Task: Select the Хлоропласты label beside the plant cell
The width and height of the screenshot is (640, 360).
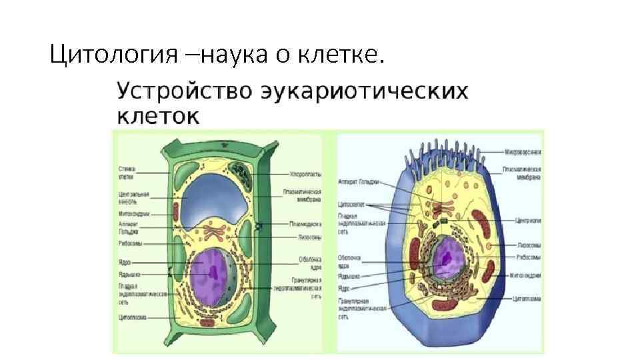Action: pyautogui.click(x=305, y=174)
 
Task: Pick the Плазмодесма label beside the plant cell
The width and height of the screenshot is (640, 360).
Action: pyautogui.click(x=305, y=224)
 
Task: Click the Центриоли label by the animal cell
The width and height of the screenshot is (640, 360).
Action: pyautogui.click(x=527, y=220)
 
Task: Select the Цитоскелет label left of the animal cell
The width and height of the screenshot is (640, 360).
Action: pyautogui.click(x=351, y=205)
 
